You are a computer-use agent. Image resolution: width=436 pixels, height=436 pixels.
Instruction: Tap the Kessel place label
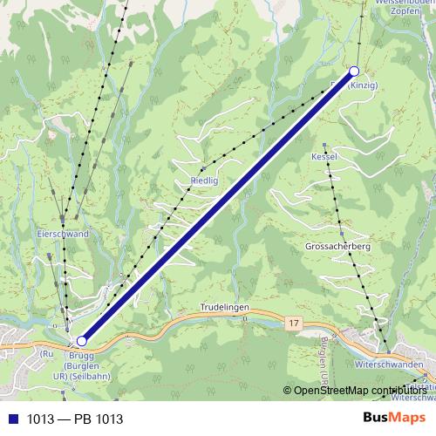324,156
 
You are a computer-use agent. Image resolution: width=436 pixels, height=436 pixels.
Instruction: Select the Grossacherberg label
338,247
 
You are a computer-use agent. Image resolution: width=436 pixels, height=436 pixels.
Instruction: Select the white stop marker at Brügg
81,341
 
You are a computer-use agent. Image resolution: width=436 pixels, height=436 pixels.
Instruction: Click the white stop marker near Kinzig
354,71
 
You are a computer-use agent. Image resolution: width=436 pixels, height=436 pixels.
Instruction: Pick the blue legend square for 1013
13,419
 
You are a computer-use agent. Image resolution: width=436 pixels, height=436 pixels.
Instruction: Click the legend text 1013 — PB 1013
75,419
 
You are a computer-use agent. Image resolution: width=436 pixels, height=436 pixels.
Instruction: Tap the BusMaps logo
388,418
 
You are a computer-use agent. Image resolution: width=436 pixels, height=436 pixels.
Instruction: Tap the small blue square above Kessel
324,145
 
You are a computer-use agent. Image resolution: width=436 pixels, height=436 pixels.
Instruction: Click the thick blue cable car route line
218,206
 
